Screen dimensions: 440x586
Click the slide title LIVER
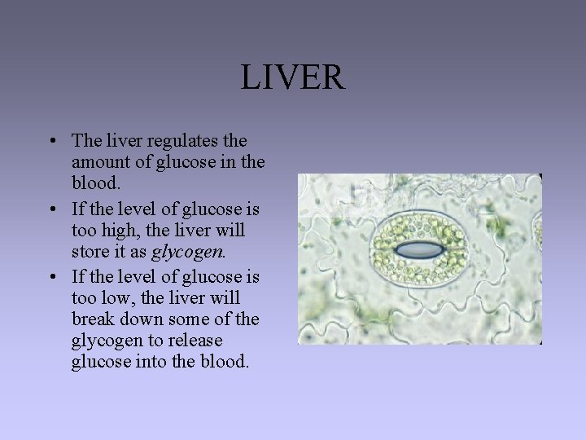[x=292, y=78]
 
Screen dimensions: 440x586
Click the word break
[x=94, y=317]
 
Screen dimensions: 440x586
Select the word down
[x=144, y=317]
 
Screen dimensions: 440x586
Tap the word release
[x=198, y=339]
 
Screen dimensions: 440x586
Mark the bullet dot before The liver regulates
[x=51, y=142]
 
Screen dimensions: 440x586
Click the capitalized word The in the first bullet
[x=87, y=141]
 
